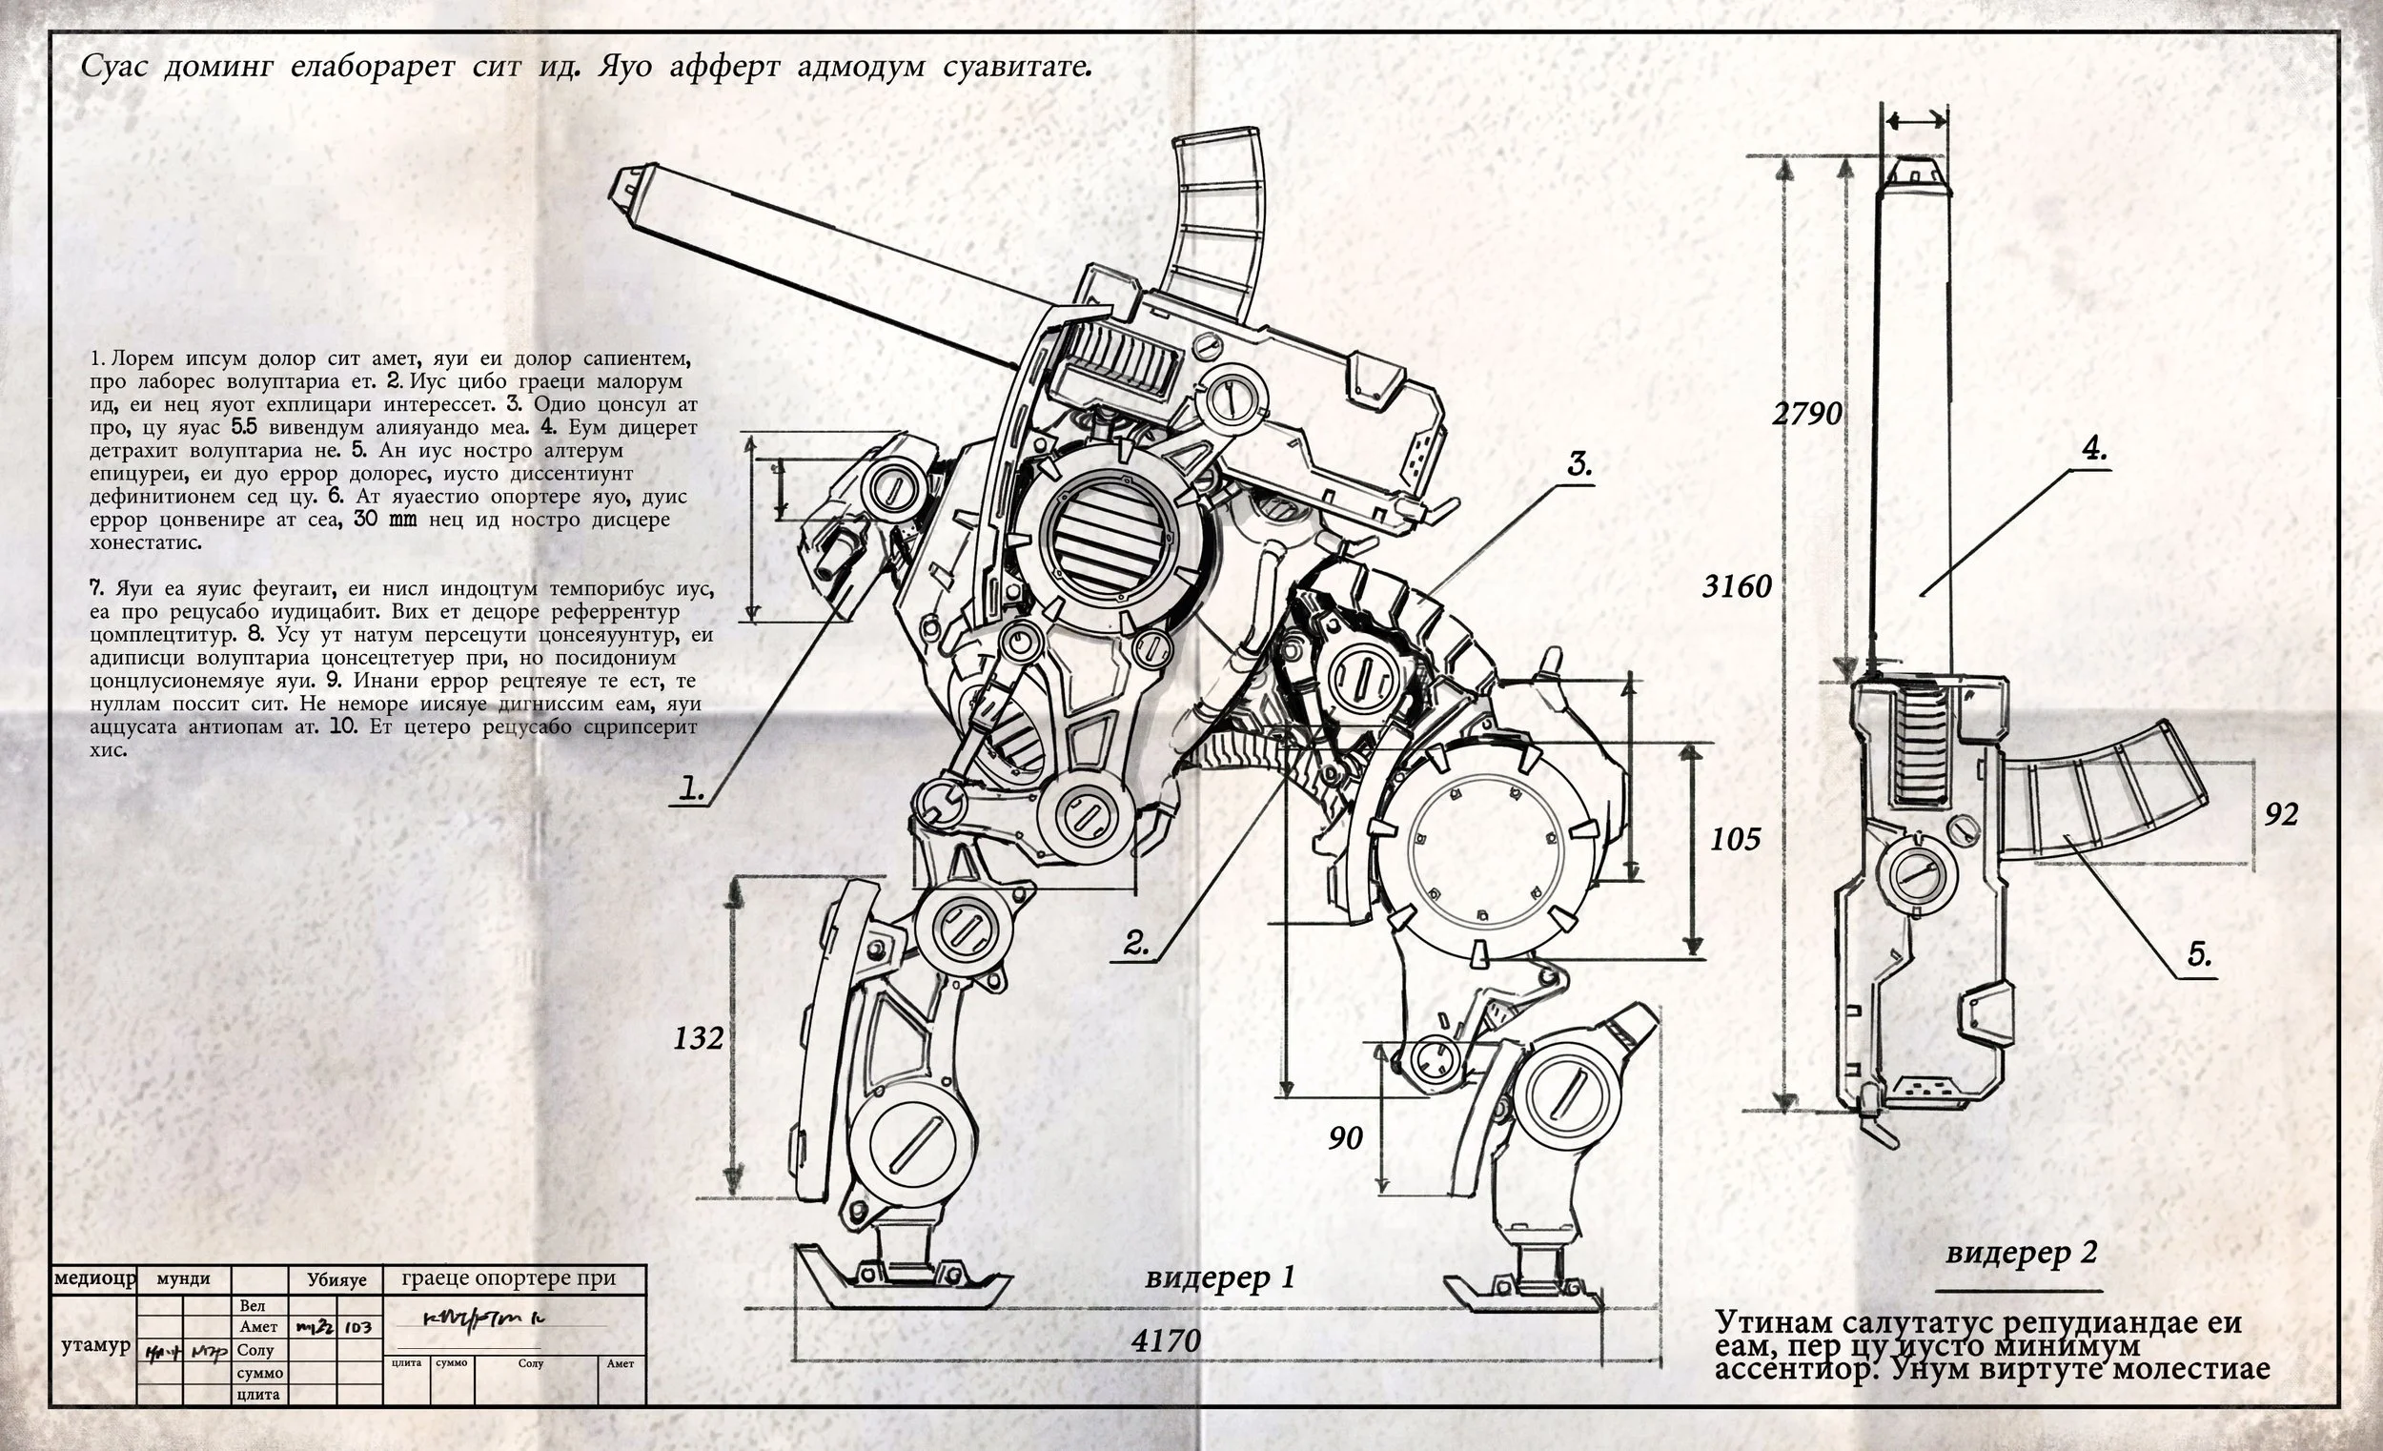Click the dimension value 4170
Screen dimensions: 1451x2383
(x=1166, y=1340)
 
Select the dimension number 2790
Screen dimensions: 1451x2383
(x=1806, y=414)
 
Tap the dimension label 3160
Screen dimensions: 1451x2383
(x=1737, y=586)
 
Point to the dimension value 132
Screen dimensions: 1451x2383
(x=699, y=1039)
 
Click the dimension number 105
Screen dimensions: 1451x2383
(x=1735, y=839)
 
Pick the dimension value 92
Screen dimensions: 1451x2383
(x=2280, y=814)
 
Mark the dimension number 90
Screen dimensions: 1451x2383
(x=1345, y=1138)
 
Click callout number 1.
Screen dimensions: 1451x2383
(x=690, y=788)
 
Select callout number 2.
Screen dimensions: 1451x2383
(x=1136, y=943)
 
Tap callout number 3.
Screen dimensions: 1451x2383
(x=1579, y=464)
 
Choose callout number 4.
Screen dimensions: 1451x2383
(x=2094, y=449)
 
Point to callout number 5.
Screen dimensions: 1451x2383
(x=2199, y=954)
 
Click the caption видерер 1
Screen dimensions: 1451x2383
(x=1218, y=1277)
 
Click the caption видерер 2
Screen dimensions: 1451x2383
(x=2021, y=1253)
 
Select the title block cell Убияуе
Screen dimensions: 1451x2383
(x=336, y=1279)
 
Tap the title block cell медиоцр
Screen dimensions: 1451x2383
(x=94, y=1278)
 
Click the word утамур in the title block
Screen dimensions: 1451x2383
(x=94, y=1345)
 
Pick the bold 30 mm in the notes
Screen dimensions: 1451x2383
(x=384, y=520)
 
